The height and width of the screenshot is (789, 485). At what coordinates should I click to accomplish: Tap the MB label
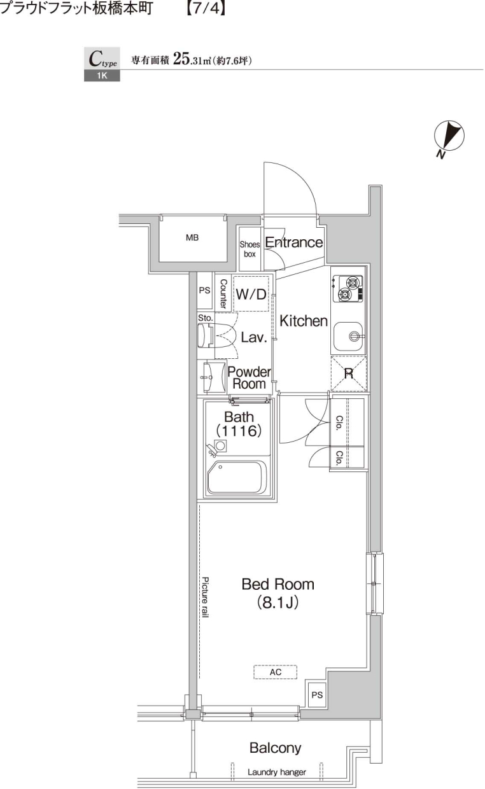[x=192, y=238]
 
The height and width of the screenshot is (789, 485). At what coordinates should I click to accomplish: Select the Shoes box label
[x=250, y=249]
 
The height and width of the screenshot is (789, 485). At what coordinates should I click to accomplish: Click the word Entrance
[x=293, y=242]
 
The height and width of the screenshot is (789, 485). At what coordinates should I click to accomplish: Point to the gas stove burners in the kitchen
[x=346, y=288]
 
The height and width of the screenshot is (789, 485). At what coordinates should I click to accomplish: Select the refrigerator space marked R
[x=349, y=374]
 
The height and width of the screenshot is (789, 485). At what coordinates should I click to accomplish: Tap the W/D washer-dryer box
[x=251, y=294]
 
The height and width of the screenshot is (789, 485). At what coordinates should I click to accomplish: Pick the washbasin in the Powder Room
[x=210, y=378]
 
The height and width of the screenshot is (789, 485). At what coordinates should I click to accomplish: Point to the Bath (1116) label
[x=239, y=424]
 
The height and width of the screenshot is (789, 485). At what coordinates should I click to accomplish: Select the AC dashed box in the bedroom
[x=276, y=672]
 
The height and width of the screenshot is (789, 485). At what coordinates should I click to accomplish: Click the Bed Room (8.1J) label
[x=278, y=592]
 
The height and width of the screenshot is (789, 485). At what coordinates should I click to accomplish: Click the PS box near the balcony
[x=316, y=695]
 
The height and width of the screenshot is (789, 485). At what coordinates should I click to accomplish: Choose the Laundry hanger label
[x=277, y=772]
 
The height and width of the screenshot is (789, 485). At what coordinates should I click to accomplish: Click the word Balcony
[x=275, y=748]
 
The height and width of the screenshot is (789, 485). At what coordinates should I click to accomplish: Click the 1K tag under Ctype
[x=101, y=77]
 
